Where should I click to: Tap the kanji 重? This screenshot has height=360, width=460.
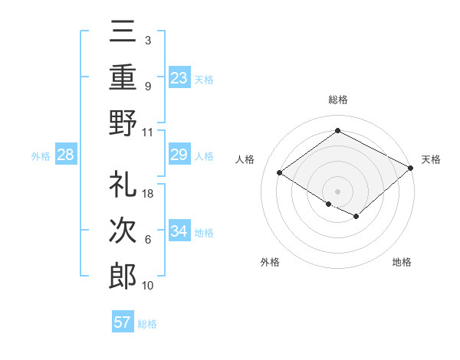123,77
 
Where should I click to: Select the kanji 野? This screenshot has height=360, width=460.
123,123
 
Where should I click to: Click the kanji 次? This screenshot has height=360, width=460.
123,231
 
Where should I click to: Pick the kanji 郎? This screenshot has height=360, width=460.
123,277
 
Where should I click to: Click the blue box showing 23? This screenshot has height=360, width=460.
179,77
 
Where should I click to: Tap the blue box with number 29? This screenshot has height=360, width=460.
179,155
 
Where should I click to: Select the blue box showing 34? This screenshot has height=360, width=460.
179,231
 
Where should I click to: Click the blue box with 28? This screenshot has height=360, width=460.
65,155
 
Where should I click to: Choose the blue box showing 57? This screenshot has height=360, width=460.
123,322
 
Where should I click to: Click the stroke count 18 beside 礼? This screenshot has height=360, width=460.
149,193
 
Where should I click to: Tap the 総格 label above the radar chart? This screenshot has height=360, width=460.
337,100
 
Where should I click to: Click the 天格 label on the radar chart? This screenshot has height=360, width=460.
432,159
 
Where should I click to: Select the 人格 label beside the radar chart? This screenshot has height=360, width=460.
245,159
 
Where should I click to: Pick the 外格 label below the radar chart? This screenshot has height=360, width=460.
270,262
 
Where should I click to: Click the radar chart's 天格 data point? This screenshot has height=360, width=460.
411,169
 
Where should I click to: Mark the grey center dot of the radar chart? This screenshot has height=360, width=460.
337,190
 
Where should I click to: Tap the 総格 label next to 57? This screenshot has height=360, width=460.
147,323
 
